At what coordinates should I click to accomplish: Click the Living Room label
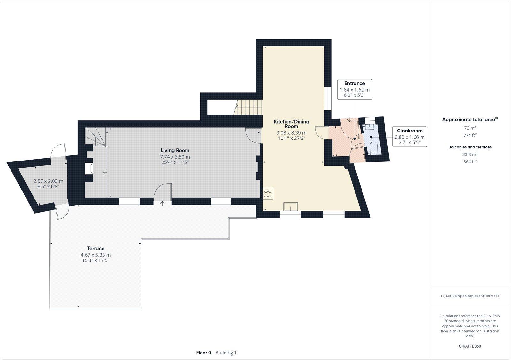point(175,150)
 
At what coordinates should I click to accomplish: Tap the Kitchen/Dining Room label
point(291,124)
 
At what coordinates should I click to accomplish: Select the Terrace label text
point(96,248)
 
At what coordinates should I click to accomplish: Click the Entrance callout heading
point(355,83)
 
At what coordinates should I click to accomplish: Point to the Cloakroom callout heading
point(409,131)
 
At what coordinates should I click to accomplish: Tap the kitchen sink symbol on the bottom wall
point(290,206)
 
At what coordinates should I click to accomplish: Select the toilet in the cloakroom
point(373,149)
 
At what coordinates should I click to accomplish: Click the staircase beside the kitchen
point(248,107)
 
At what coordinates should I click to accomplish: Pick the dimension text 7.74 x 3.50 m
point(175,157)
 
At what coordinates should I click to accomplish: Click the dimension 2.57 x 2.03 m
point(48,181)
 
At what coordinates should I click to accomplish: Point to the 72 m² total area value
point(470,128)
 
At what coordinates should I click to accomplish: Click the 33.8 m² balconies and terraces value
point(470,154)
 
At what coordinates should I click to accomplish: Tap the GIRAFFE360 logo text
point(470,346)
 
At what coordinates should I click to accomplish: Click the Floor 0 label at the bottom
point(203,353)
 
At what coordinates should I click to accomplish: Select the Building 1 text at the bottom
point(226,353)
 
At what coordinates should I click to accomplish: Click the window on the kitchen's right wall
point(328,98)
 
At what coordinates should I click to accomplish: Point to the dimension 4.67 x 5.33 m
point(96,255)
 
